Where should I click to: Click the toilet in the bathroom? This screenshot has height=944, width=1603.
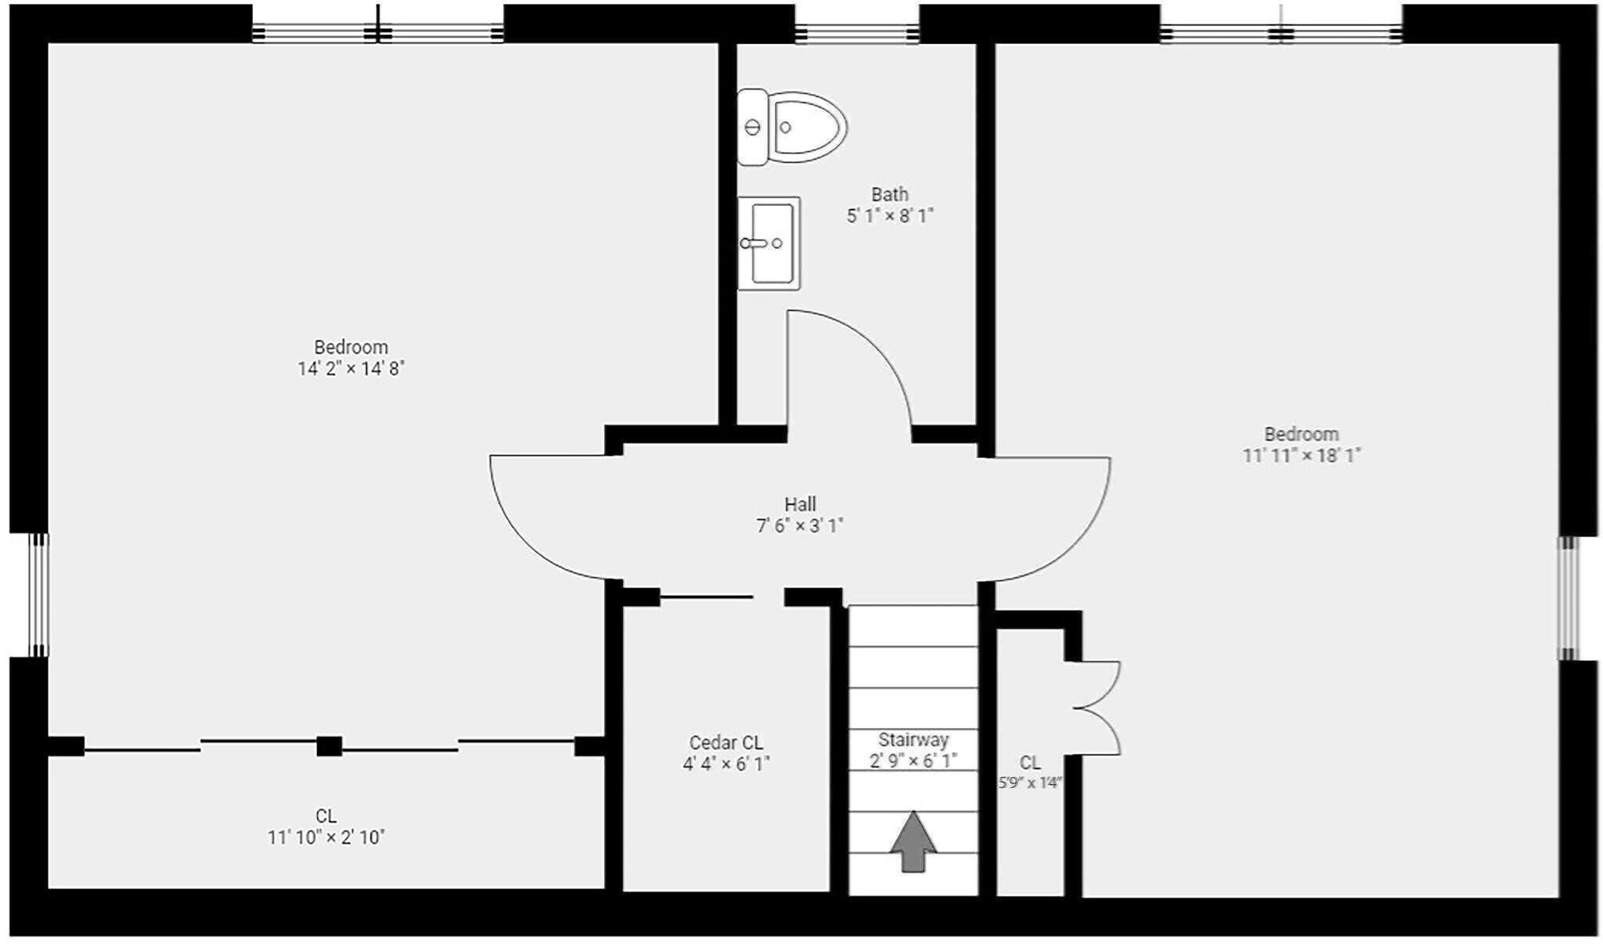pyautogui.click(x=792, y=127)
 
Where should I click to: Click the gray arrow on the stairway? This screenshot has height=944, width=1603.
pyautogui.click(x=913, y=842)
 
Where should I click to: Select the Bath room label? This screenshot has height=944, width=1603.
pyautogui.click(x=890, y=194)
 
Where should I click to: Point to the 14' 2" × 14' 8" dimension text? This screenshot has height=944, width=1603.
pyautogui.click(x=351, y=369)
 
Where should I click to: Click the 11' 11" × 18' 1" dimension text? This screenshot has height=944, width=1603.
pyautogui.click(x=1302, y=456)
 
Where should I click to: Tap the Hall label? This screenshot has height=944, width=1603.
pyautogui.click(x=800, y=504)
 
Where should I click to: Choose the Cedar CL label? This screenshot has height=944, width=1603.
pyautogui.click(x=726, y=742)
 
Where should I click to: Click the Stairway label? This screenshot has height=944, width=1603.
pyautogui.click(x=913, y=740)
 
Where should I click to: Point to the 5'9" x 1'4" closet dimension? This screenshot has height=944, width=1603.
pyautogui.click(x=1030, y=783)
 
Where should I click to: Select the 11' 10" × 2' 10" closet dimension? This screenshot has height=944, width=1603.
pyautogui.click(x=326, y=838)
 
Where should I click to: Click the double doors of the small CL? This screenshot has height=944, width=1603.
pyautogui.click(x=1100, y=708)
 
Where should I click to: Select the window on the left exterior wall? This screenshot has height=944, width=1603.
pyautogui.click(x=38, y=595)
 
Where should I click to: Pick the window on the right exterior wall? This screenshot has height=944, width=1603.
pyautogui.click(x=1568, y=598)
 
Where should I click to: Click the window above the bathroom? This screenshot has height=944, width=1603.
pyautogui.click(x=857, y=33)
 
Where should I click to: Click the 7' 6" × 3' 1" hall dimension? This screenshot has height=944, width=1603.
pyautogui.click(x=800, y=526)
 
